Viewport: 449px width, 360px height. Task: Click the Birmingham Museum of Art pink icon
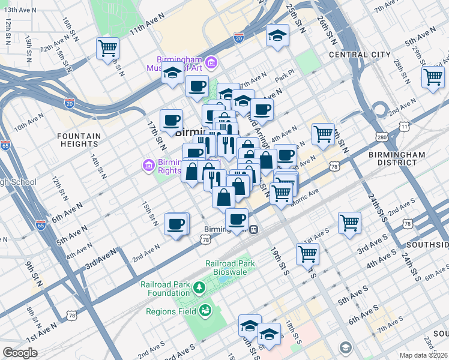click(211, 62)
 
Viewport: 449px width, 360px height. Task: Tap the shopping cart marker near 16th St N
click(107, 48)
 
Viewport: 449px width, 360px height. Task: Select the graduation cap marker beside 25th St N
click(278, 35)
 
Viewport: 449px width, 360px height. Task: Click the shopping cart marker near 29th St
click(432, 77)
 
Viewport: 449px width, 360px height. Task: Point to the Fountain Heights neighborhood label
click(79, 140)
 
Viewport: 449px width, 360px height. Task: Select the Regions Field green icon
click(204, 310)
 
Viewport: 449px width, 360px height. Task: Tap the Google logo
click(20, 353)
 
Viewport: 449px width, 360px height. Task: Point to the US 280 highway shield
click(382, 137)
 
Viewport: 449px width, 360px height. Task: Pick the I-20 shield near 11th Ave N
click(239, 38)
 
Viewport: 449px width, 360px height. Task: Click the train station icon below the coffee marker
click(255, 229)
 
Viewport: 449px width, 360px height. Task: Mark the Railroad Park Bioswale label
click(230, 268)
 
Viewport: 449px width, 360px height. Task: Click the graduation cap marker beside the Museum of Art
click(173, 74)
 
